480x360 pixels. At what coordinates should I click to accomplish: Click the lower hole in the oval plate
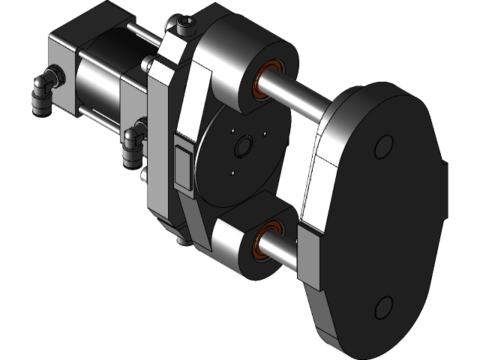pos(383,307)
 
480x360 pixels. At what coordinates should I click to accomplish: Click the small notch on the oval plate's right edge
pos(448,165)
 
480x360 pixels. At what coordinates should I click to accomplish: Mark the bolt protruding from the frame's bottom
pos(182,241)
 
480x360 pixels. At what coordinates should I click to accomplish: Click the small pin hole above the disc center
pos(264,134)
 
